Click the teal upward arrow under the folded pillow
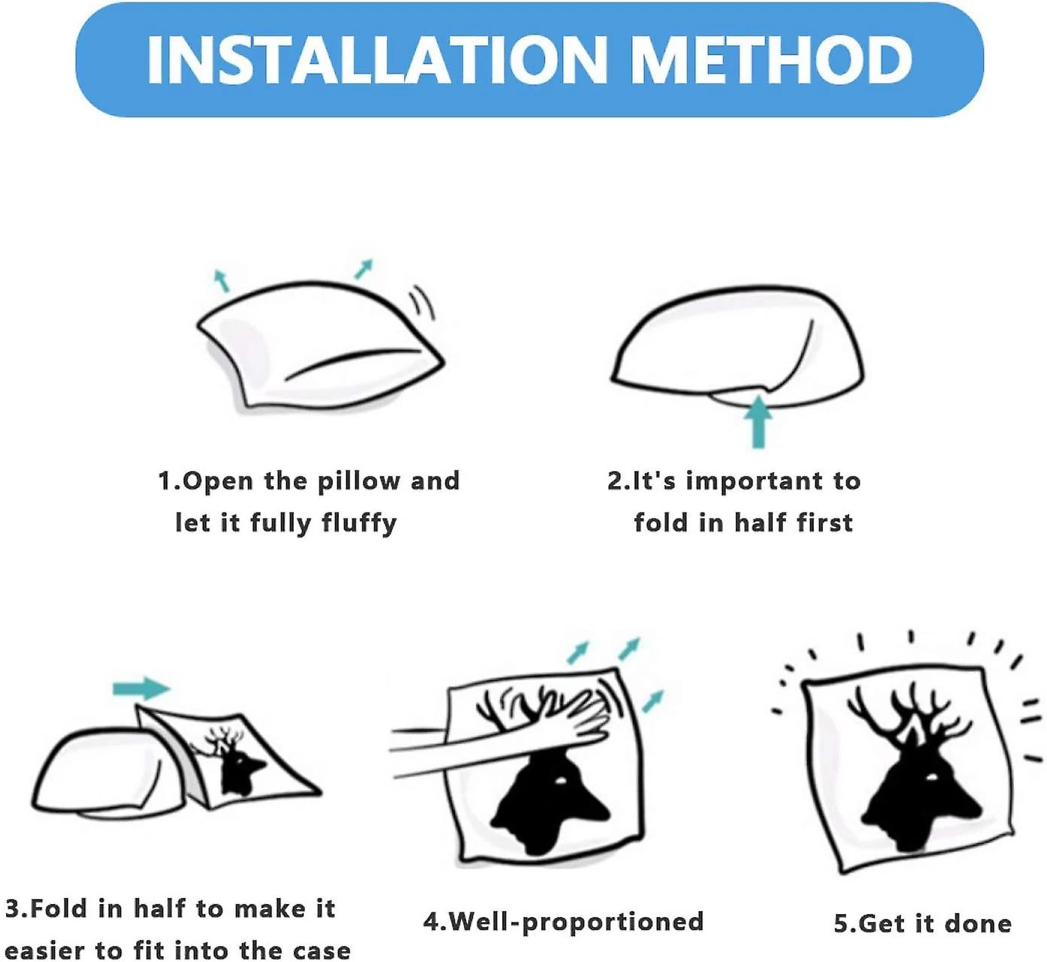[x=758, y=422]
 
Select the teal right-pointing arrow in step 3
[x=141, y=688]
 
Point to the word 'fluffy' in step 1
[x=359, y=524]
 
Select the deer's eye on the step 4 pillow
[x=561, y=782]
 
